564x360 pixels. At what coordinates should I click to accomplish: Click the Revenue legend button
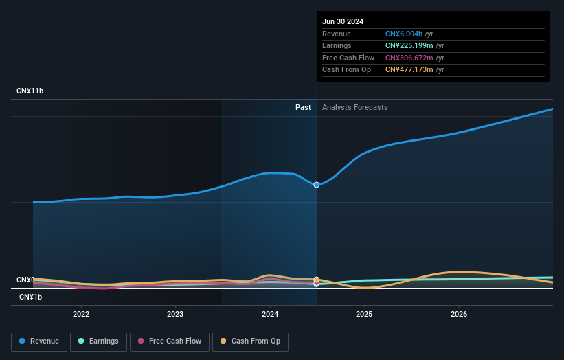(x=39, y=341)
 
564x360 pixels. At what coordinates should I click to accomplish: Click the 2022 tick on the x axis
(x=81, y=314)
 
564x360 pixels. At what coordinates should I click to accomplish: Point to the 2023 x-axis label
(x=175, y=314)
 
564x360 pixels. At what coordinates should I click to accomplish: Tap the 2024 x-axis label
(x=270, y=314)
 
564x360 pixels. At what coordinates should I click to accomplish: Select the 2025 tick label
(x=364, y=314)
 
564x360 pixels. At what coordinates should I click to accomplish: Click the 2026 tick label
(x=459, y=314)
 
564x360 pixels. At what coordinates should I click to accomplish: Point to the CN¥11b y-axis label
(x=30, y=91)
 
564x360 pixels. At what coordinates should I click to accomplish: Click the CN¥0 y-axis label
(x=25, y=280)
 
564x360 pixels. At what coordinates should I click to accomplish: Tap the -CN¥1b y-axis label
(x=30, y=297)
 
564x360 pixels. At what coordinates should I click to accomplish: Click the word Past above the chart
(x=303, y=107)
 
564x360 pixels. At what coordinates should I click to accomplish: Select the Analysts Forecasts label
(x=354, y=107)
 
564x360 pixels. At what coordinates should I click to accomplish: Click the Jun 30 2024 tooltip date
(x=343, y=21)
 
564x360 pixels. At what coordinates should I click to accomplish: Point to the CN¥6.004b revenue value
(x=404, y=34)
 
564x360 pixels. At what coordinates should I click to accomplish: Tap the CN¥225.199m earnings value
(x=409, y=46)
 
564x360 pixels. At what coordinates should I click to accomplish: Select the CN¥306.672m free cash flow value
(x=409, y=58)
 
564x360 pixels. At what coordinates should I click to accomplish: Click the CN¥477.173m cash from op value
(x=409, y=69)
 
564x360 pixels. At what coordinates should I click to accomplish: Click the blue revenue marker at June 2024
(x=317, y=185)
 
